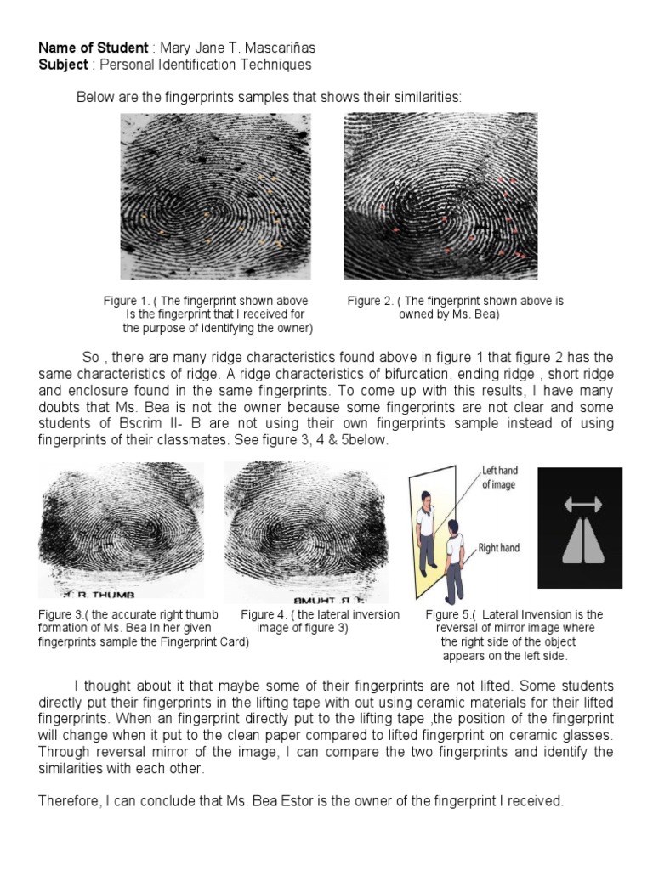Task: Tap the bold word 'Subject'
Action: click(63, 65)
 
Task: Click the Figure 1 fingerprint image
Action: click(215, 196)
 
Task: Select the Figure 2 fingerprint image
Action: click(440, 196)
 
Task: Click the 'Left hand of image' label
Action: click(500, 477)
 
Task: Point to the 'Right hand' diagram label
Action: click(499, 548)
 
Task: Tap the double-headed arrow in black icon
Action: click(580, 506)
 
